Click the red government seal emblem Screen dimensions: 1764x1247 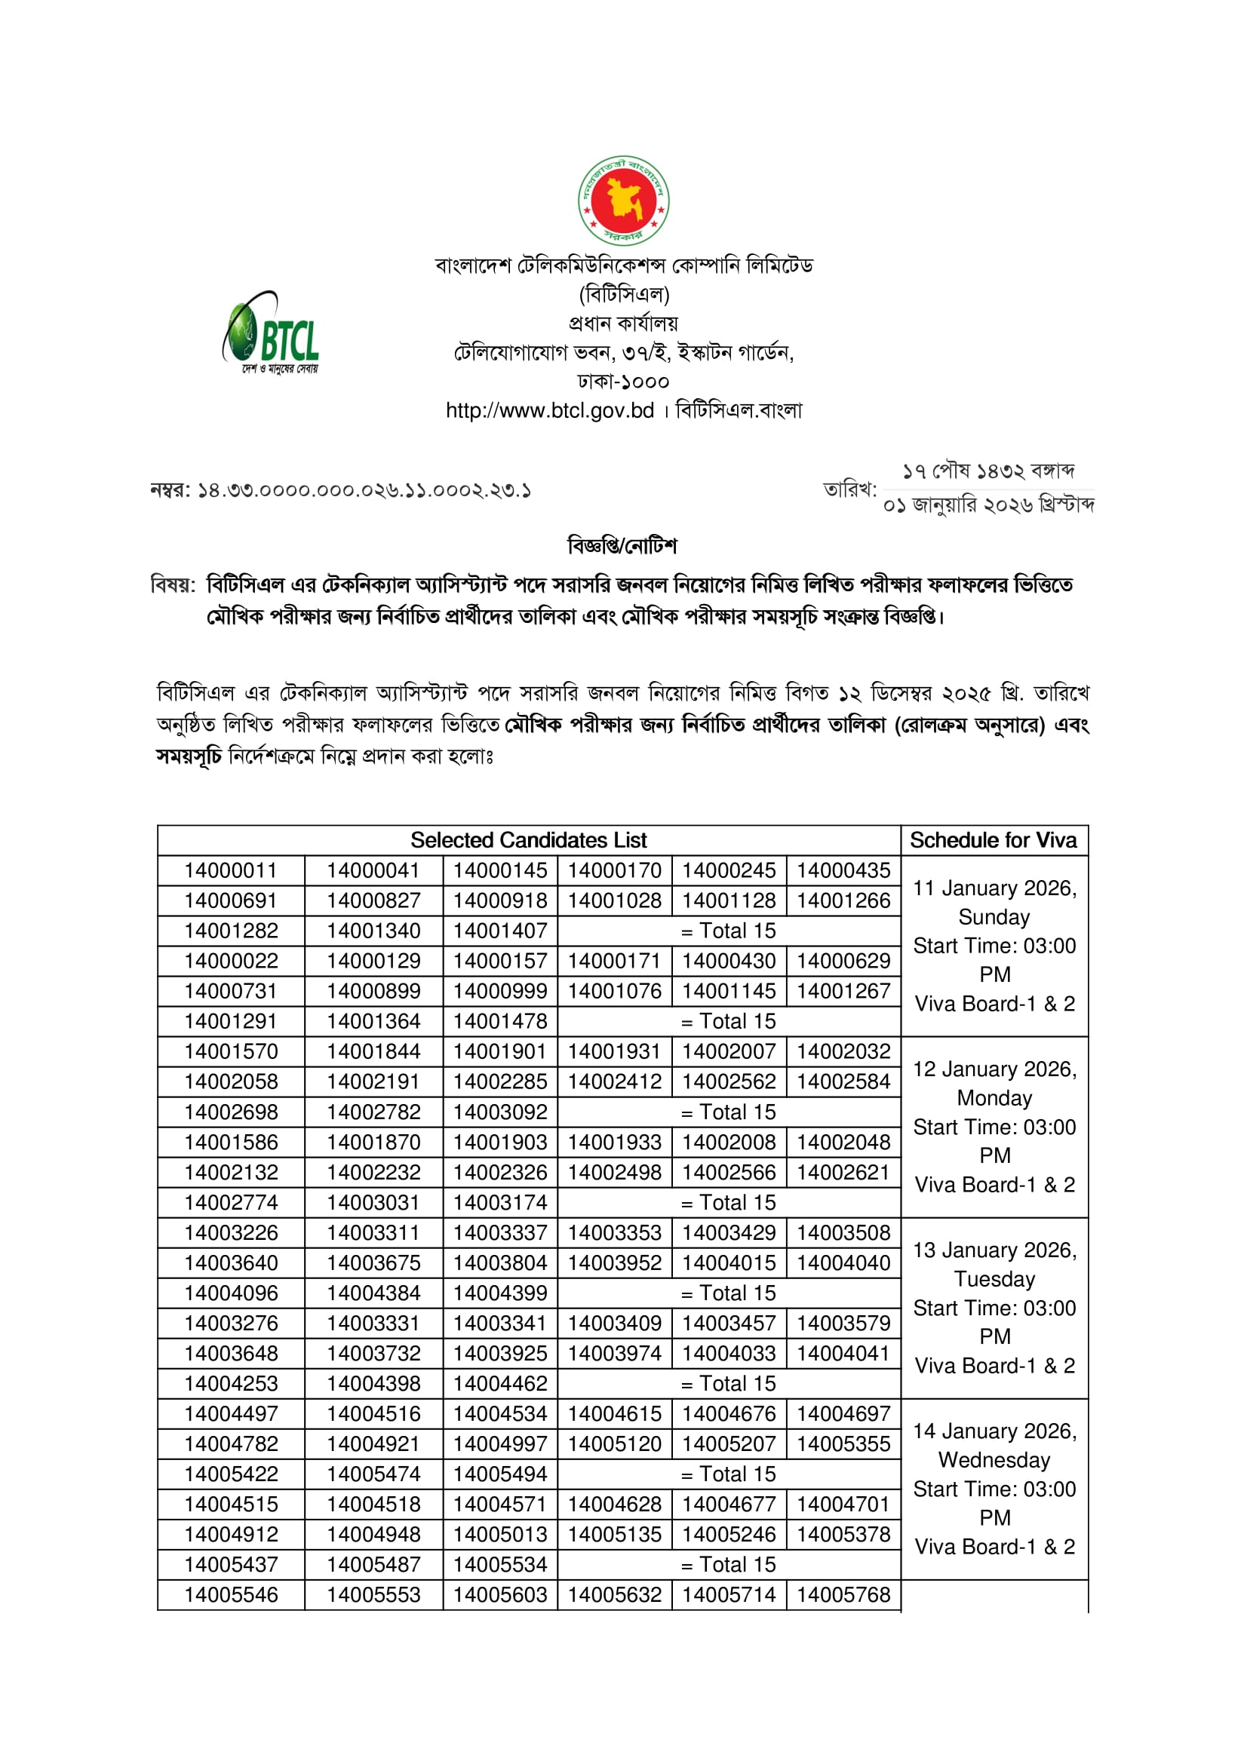pyautogui.click(x=623, y=201)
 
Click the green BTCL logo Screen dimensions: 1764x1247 pyautogui.click(x=272, y=333)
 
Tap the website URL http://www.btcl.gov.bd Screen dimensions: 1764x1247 pyautogui.click(x=549, y=410)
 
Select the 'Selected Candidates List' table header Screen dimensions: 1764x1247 pyautogui.click(x=528, y=839)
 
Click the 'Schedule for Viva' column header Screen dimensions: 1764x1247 pyautogui.click(x=993, y=839)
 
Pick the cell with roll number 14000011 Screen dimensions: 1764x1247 pyautogui.click(x=231, y=870)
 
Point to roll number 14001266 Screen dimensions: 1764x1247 pyautogui.click(x=843, y=900)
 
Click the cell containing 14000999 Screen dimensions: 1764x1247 pyautogui.click(x=499, y=991)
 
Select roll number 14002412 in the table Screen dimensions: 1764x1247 pyautogui.click(x=614, y=1081)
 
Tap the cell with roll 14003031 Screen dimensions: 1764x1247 pyautogui.click(x=373, y=1202)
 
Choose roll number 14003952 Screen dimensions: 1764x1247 pyautogui.click(x=614, y=1263)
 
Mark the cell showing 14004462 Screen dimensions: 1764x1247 pyautogui.click(x=499, y=1384)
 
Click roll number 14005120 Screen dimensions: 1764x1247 pyautogui.click(x=614, y=1443)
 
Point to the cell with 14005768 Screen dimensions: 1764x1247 pyautogui.click(x=843, y=1595)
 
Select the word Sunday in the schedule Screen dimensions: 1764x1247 pyautogui.click(x=994, y=916)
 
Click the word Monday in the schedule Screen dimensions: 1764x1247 pyautogui.click(x=994, y=1098)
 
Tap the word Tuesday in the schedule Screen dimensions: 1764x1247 pyautogui.click(x=994, y=1278)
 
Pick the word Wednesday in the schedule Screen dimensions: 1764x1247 pyautogui.click(x=994, y=1460)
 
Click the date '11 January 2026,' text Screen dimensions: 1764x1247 pyautogui.click(x=994, y=888)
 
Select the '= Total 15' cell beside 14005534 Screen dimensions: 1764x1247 pyautogui.click(x=729, y=1564)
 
